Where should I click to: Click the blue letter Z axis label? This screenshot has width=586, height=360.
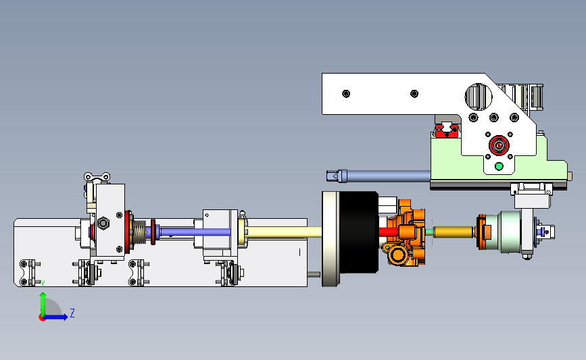tap(72, 313)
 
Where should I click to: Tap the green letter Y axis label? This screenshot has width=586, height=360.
tap(43, 284)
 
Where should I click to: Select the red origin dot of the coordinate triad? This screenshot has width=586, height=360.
tap(42, 318)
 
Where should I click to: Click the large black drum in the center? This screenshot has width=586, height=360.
tap(358, 232)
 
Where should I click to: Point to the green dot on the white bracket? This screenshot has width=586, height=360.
tap(499, 166)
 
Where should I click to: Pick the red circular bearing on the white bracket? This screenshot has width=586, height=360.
tap(499, 145)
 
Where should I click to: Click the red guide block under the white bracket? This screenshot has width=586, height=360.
tap(446, 130)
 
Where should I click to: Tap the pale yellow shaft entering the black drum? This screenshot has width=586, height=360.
tap(284, 232)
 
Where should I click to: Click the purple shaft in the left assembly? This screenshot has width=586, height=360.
tap(195, 232)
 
